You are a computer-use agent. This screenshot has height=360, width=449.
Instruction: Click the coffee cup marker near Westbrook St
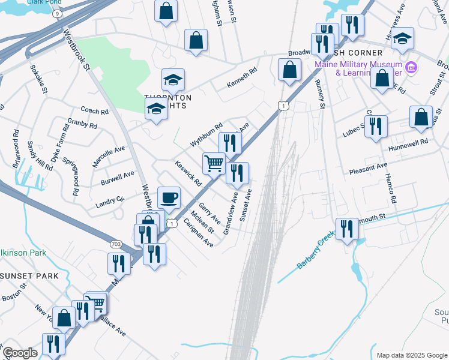(169, 197)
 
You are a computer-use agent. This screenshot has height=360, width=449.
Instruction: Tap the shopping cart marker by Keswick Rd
(214, 163)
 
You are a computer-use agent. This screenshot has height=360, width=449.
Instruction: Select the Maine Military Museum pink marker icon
(411, 66)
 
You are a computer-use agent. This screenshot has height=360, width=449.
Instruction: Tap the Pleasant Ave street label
(368, 169)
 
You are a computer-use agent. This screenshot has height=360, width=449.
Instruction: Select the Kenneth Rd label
(241, 78)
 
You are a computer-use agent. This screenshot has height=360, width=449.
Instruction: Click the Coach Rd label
(95, 111)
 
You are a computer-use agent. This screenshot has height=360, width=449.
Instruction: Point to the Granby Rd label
(82, 124)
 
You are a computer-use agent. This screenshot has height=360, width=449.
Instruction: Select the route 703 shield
(117, 244)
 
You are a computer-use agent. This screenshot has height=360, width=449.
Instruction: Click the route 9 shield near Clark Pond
(56, 13)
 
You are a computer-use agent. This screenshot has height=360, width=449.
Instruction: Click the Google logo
(20, 353)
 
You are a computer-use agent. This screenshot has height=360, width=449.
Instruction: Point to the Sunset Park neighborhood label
(29, 275)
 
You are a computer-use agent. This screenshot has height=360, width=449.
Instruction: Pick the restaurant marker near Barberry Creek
(347, 229)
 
